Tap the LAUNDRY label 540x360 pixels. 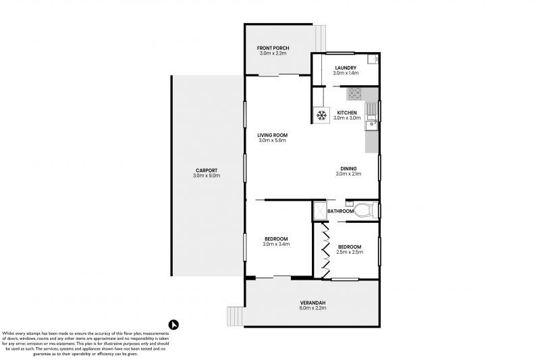[344, 68]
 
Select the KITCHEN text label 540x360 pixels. [347, 112]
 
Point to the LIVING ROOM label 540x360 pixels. [272, 135]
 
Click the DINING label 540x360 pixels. [348, 168]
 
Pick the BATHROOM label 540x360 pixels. [340, 211]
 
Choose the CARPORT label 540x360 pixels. [206, 170]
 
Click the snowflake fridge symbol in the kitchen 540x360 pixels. [321, 115]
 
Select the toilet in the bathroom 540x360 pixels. [362, 209]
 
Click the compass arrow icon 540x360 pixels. [173, 324]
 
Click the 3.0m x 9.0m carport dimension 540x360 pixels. [206, 176]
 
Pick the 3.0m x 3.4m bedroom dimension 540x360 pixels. [276, 245]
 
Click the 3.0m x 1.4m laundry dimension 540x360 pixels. [344, 74]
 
